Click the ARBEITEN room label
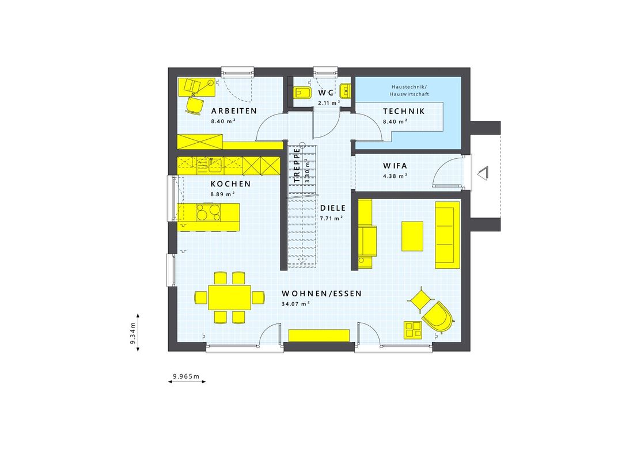click(233, 111)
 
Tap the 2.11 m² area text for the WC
click(329, 103)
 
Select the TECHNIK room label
click(404, 111)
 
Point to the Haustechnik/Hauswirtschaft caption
click(409, 89)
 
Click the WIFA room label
click(395, 166)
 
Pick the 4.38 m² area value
click(395, 175)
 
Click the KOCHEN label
click(230, 184)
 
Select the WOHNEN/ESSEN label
click(321, 293)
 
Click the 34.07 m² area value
click(295, 303)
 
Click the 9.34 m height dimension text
click(132, 333)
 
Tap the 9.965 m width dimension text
click(185, 377)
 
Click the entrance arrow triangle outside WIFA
click(482, 172)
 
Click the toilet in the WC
click(302, 93)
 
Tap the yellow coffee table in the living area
click(412, 236)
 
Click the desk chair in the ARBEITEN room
click(195, 104)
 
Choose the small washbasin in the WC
click(345, 89)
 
